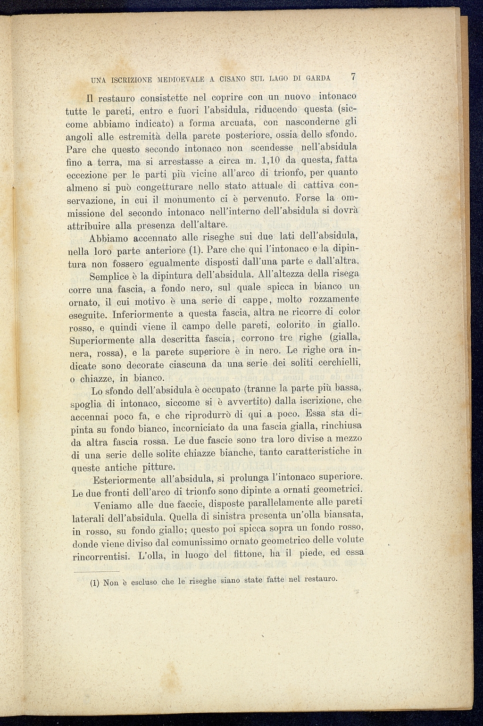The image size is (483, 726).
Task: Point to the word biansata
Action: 339,514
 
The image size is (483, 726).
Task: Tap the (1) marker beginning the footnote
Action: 94,584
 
